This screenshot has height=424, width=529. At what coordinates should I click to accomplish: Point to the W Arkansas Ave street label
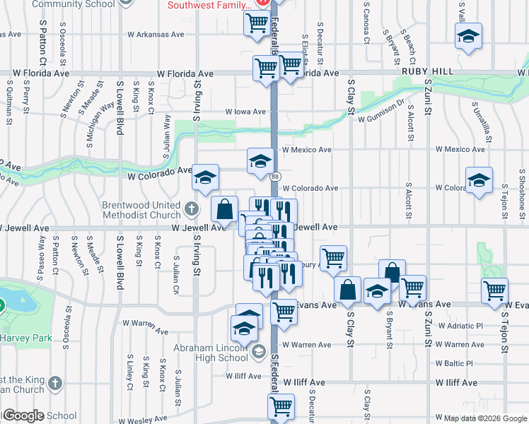click(x=156, y=34)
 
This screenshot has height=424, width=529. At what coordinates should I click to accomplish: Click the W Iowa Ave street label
click(x=245, y=112)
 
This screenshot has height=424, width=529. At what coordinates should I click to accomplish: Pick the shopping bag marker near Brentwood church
click(x=224, y=208)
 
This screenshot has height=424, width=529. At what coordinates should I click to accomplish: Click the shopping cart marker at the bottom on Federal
click(x=281, y=406)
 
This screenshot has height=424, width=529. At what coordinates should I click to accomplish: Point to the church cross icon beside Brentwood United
click(x=191, y=209)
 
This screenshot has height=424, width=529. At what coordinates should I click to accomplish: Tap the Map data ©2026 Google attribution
click(x=485, y=418)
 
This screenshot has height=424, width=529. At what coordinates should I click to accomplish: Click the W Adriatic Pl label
click(x=460, y=326)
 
